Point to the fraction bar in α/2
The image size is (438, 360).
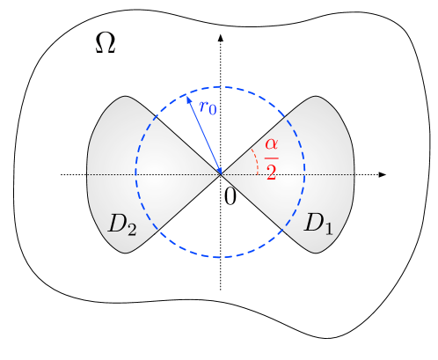point(272,158)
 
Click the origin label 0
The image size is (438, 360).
point(230,196)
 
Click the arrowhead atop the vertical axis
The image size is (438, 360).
point(220,40)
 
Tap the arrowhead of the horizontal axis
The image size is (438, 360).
point(383,174)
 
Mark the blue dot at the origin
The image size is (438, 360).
point(220,174)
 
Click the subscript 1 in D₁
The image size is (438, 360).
point(328,229)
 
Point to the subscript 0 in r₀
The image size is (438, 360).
point(213,111)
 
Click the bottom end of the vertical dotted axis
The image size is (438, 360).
point(220,289)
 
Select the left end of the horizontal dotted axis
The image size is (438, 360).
point(62,174)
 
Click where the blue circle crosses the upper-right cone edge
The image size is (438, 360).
point(281,114)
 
